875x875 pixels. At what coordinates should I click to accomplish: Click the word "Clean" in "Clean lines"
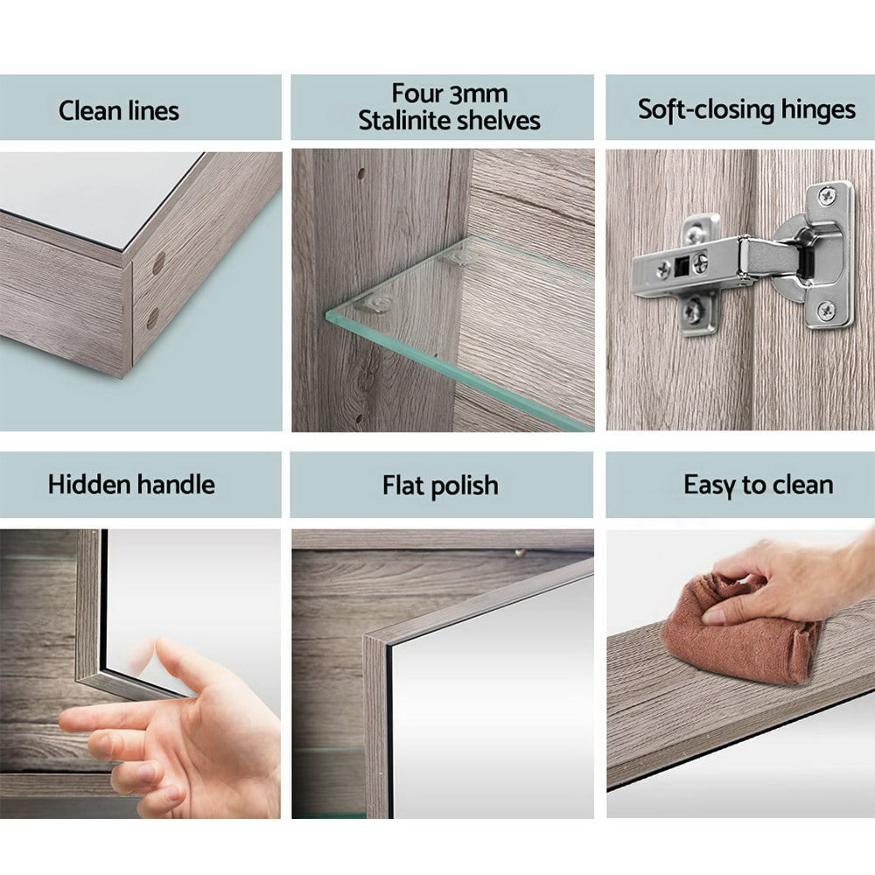[x=91, y=110]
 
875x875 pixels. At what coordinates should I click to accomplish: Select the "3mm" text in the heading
[x=478, y=94]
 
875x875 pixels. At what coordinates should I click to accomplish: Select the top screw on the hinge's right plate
[x=827, y=195]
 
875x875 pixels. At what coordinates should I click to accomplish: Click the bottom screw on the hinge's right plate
[x=825, y=310]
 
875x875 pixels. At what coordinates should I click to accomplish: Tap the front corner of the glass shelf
[x=327, y=313]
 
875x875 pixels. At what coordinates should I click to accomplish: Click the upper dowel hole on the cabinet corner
[x=158, y=263]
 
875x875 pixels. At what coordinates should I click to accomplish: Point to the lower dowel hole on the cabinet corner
[x=152, y=318]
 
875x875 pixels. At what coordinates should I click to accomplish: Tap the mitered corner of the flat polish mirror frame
[x=368, y=638]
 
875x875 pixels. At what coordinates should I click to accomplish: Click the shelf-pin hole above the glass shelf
[x=361, y=174]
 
